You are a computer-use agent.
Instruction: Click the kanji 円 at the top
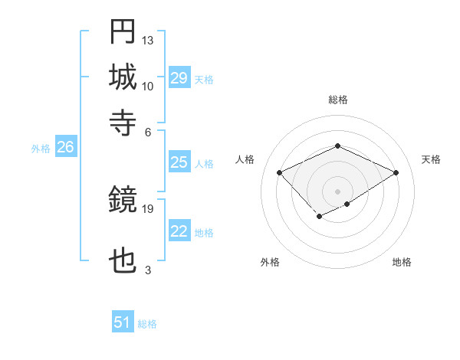pyautogui.click(x=123, y=33)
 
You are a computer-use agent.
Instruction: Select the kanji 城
pyautogui.click(x=123, y=77)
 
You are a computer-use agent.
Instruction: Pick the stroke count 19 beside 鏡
pyautogui.click(x=148, y=208)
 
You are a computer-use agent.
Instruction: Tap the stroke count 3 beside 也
pyautogui.click(x=148, y=270)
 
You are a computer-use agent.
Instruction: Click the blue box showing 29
pyautogui.click(x=179, y=78)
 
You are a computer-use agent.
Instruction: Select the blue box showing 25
pyautogui.click(x=179, y=162)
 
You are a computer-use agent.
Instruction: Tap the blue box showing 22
pyautogui.click(x=179, y=231)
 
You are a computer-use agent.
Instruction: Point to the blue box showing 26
pyautogui.click(x=65, y=148)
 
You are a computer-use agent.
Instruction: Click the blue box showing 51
pyautogui.click(x=123, y=322)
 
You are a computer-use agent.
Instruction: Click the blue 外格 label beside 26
pyautogui.click(x=41, y=149)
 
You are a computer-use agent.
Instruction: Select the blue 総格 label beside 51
pyautogui.click(x=147, y=324)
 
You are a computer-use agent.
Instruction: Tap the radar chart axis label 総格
pyautogui.click(x=337, y=100)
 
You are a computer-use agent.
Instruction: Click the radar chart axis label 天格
pyautogui.click(x=431, y=159)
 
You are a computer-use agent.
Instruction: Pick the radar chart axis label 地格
pyautogui.click(x=402, y=262)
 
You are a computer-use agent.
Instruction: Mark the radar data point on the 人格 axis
pyautogui.click(x=280, y=173)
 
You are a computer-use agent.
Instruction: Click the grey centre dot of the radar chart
pyautogui.click(x=337, y=191)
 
